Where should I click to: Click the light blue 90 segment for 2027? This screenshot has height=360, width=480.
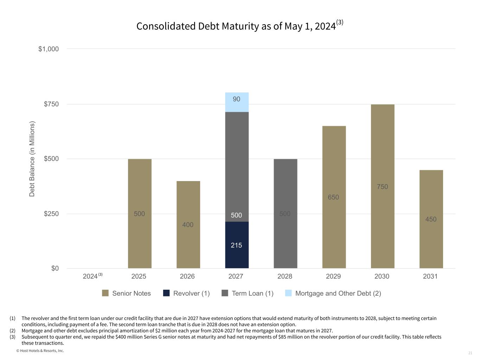click(x=237, y=102)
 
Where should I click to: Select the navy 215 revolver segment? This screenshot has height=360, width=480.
click(x=237, y=245)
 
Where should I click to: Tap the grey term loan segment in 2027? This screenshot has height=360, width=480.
click(x=237, y=167)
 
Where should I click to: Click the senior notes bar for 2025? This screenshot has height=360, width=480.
click(x=140, y=213)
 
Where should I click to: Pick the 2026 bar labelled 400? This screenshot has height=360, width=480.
click(x=188, y=225)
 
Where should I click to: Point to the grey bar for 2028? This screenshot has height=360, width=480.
click(x=285, y=213)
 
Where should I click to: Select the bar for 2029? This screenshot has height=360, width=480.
click(x=334, y=197)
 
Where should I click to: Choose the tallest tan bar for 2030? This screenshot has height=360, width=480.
click(x=382, y=186)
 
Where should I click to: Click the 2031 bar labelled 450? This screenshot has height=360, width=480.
click(x=431, y=219)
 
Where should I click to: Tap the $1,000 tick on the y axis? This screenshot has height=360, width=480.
click(x=49, y=49)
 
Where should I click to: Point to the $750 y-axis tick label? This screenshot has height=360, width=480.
click(x=51, y=104)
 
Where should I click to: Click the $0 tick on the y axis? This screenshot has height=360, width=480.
click(x=55, y=268)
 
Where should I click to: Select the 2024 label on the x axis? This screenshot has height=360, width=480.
click(x=90, y=276)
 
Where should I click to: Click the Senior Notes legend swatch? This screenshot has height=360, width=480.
click(x=105, y=293)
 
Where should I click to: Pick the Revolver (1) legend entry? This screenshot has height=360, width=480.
click(x=187, y=293)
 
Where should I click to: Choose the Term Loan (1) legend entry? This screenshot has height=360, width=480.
click(x=248, y=293)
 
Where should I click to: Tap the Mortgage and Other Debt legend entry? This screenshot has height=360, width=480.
click(x=333, y=293)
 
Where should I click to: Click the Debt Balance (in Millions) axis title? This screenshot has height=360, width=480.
click(x=32, y=159)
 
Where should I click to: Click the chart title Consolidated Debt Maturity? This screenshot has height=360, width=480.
click(x=236, y=26)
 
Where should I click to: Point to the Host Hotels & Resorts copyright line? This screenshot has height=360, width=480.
click(x=40, y=351)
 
